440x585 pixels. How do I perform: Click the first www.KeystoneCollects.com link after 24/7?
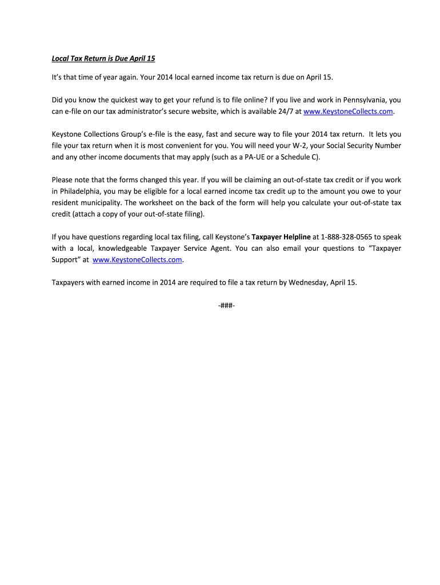tap(348, 111)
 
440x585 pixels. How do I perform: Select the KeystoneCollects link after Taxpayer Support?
tap(137, 259)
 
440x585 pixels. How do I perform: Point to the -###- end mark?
tap(226, 306)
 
